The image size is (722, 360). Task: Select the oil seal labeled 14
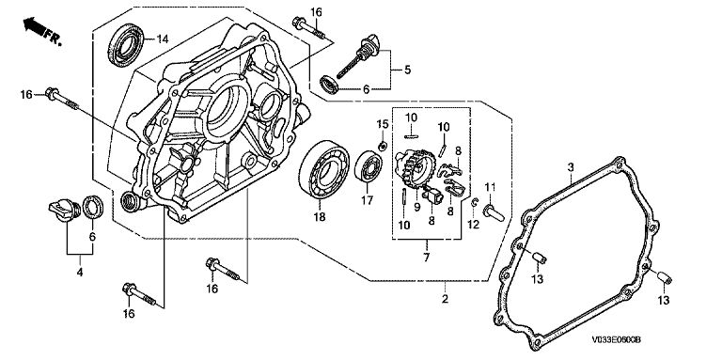coord(127,45)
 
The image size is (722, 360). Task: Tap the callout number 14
coord(161,39)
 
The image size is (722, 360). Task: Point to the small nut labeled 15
coord(382,146)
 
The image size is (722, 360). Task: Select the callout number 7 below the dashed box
coord(427,258)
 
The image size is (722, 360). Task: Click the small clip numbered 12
coord(476,202)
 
